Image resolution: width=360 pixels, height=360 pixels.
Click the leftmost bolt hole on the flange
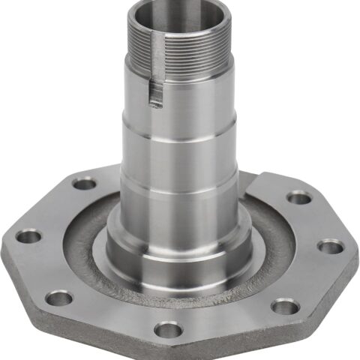pyautogui.click(x=28, y=237)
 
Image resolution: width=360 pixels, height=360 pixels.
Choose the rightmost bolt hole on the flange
pyautogui.click(x=330, y=247)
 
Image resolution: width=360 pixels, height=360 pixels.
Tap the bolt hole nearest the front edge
pyautogui.click(x=169, y=328)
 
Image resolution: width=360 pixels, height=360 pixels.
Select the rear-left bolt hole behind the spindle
pyautogui.click(x=85, y=183)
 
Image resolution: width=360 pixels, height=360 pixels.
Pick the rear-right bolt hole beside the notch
pyautogui.click(x=299, y=197)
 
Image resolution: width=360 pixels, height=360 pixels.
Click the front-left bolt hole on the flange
pyautogui.click(x=58, y=298)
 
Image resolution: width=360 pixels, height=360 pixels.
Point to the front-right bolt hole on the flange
pyautogui.click(x=283, y=305)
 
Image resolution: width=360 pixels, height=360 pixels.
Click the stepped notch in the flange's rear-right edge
pyautogui.click(x=259, y=180)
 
